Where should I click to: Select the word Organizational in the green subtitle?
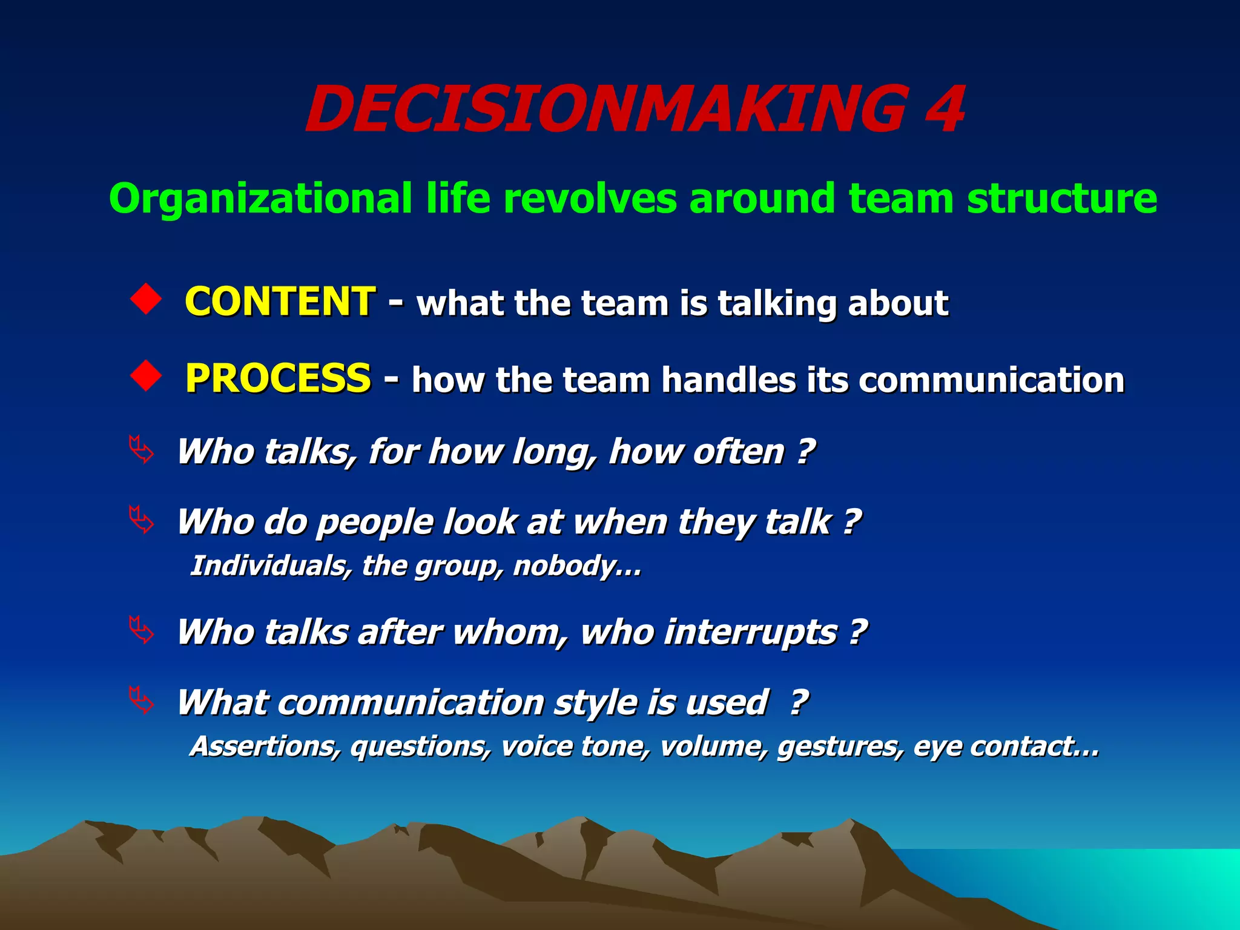(260, 199)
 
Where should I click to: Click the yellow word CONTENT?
(280, 302)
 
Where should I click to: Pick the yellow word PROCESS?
(278, 378)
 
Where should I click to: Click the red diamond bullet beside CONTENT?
(146, 299)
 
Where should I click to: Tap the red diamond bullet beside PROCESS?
(146, 376)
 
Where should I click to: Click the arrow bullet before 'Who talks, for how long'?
(142, 450)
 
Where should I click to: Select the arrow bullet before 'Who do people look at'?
(142, 520)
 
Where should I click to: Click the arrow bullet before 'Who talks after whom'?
(142, 630)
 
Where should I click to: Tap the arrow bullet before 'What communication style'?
(142, 701)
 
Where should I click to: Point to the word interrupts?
(751, 633)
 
